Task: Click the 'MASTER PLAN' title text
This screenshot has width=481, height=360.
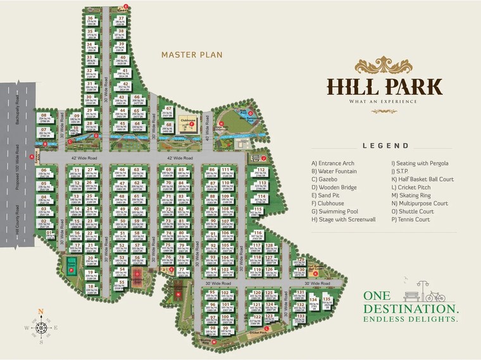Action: pos(192,54)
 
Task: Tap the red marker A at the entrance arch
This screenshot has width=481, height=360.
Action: pos(31,149)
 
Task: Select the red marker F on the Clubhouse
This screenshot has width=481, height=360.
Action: pos(191,124)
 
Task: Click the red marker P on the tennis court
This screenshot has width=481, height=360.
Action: pos(72,270)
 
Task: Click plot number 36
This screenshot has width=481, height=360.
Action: pos(91,18)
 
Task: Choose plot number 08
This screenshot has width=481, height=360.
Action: pos(44,115)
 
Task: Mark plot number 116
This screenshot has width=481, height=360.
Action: pos(257,233)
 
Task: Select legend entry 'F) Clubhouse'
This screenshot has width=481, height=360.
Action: pos(332,204)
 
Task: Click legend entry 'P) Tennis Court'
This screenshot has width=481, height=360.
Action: pos(411,220)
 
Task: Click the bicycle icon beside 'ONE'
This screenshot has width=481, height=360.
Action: pos(436,295)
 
